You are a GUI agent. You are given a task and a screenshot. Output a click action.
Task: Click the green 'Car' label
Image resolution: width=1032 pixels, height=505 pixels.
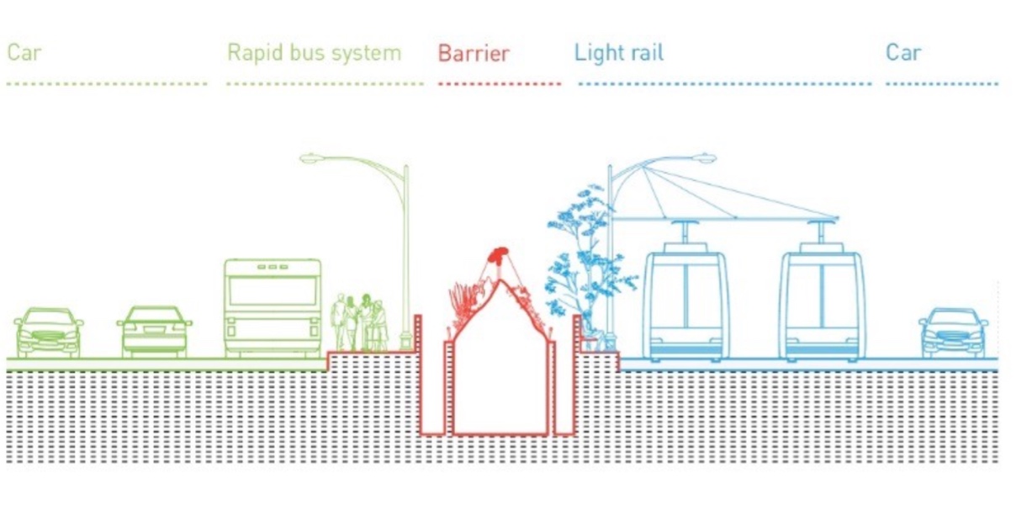tap(24, 53)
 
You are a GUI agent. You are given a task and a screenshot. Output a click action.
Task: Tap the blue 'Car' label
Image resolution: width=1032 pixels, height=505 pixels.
tap(903, 53)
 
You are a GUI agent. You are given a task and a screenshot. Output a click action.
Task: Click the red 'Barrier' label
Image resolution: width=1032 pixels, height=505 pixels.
tap(474, 54)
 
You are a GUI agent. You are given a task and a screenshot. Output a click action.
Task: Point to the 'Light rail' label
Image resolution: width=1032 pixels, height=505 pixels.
tap(618, 53)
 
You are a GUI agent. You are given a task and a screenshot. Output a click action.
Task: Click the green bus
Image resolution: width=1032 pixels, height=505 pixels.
tap(273, 308)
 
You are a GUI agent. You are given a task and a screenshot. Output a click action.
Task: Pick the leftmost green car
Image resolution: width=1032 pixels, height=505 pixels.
tap(49, 333)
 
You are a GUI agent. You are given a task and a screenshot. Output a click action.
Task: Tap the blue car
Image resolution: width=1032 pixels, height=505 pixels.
tap(954, 333)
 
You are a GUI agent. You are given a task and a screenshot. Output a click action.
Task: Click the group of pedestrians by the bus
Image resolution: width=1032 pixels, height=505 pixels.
tap(360, 322)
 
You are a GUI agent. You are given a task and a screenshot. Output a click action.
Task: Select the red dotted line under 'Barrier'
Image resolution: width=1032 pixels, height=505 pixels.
tap(500, 83)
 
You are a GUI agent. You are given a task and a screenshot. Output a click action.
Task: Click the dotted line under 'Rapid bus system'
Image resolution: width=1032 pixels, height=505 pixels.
tap(325, 83)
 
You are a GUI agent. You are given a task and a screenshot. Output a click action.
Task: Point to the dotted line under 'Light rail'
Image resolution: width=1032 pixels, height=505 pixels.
tap(725, 83)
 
